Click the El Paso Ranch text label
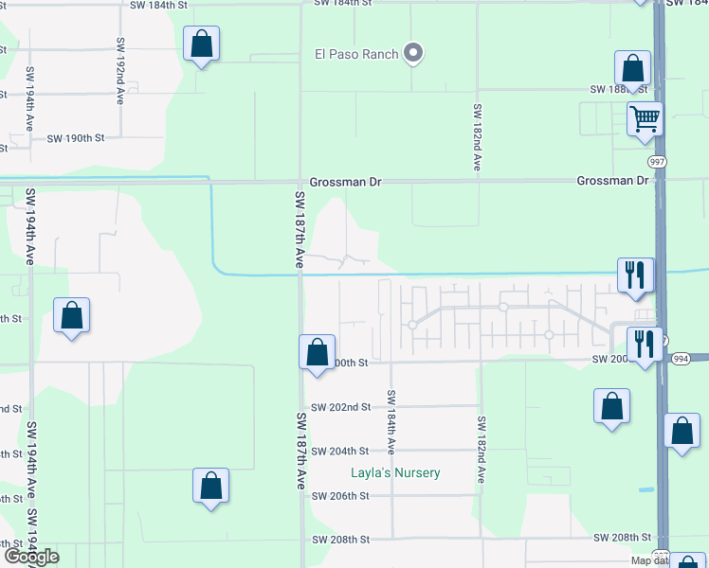[356, 54]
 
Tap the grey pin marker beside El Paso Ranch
[413, 54]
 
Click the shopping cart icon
[645, 120]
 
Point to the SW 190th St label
[75, 138]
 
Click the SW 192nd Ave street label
[121, 71]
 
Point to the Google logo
[30, 557]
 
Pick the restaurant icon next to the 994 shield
[645, 344]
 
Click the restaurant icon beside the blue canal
[633, 275]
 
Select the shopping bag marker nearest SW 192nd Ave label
[201, 44]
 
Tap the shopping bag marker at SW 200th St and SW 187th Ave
[317, 352]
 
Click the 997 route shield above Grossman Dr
[659, 162]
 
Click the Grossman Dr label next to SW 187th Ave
[344, 182]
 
